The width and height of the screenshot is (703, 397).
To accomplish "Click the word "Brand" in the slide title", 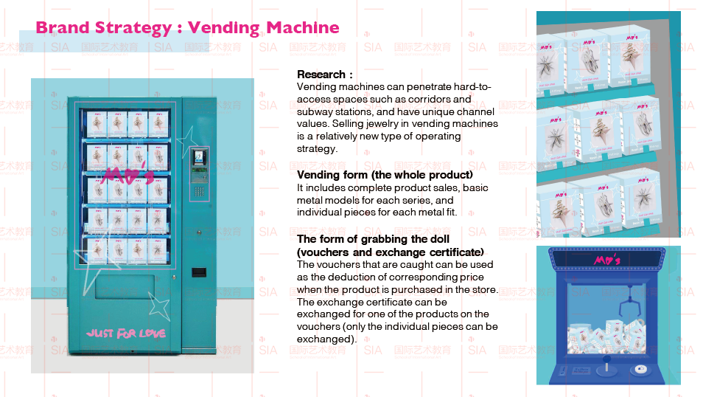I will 61,28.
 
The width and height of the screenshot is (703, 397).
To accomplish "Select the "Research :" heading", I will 325,75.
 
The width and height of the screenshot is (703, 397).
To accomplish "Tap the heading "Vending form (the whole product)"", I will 385,175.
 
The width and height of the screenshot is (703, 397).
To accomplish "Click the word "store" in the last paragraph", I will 482,289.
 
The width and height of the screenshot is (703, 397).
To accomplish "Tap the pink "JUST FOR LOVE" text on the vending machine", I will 125,333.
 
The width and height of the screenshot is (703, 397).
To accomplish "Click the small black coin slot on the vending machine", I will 197,272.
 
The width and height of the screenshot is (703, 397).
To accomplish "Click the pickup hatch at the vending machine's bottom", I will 125,286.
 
